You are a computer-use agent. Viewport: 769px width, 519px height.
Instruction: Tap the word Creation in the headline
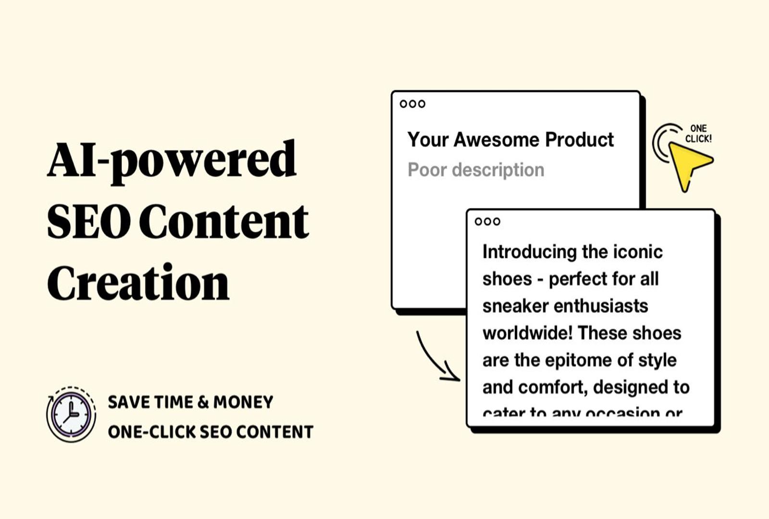[x=138, y=283]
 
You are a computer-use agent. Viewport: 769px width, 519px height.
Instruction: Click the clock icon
[x=71, y=414]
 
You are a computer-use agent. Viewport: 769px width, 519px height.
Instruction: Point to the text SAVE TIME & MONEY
[x=190, y=402]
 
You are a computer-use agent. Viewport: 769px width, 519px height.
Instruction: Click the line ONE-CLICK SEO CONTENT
[x=211, y=432]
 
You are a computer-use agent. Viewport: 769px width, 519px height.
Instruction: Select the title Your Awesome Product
[x=510, y=140]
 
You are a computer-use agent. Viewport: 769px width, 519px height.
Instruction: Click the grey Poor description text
[x=476, y=170]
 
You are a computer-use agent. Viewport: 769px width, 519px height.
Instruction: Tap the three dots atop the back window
[x=412, y=104]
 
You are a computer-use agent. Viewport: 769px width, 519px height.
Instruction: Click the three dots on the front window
[x=487, y=222]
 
